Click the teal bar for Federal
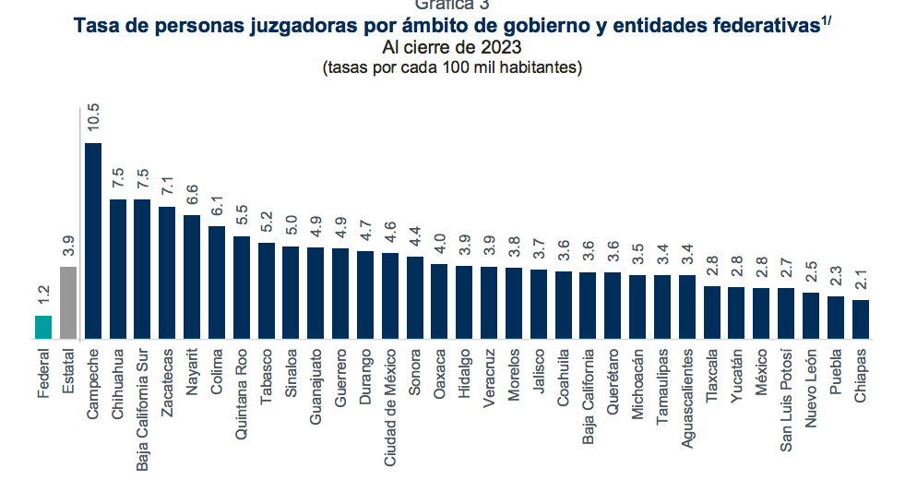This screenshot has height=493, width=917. (x=43, y=328)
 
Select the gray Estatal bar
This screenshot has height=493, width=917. (x=68, y=303)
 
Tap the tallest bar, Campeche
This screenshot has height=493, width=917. (x=93, y=242)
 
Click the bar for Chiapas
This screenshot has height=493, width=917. (x=860, y=319)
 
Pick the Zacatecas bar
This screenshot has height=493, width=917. (x=167, y=272)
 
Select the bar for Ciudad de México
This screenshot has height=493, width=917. (x=389, y=295)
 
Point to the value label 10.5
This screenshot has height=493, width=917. (x=94, y=119)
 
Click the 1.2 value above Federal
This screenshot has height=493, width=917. (x=43, y=295)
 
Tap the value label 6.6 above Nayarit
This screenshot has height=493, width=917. (x=192, y=193)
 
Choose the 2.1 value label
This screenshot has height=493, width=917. (x=860, y=279)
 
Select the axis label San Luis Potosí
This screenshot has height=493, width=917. (x=786, y=400)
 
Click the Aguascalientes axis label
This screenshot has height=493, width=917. (x=687, y=397)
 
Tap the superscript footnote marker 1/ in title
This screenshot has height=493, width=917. (x=826, y=21)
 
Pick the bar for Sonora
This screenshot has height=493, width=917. (x=414, y=298)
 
